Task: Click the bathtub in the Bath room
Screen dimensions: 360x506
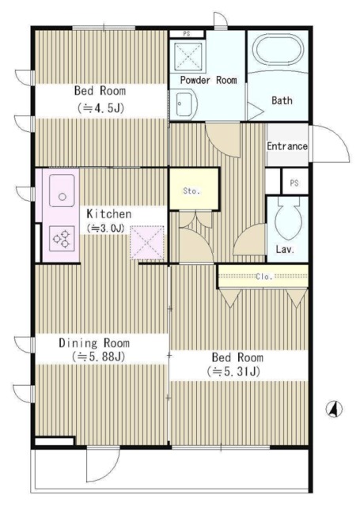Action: pyautogui.click(x=280, y=50)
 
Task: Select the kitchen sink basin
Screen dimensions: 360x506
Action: pyautogui.click(x=62, y=191)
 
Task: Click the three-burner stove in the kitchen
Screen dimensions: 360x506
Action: pyautogui.click(x=62, y=239)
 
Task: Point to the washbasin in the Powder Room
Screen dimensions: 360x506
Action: pyautogui.click(x=187, y=104)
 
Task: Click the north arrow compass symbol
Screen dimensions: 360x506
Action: pyautogui.click(x=334, y=410)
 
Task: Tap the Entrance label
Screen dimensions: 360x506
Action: pyautogui.click(x=286, y=146)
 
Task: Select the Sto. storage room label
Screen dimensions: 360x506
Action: pyautogui.click(x=191, y=191)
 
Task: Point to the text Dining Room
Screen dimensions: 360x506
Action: pyautogui.click(x=94, y=342)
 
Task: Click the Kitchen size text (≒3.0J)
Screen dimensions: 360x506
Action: pyautogui.click(x=105, y=228)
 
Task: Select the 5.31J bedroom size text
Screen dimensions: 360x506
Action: pyautogui.click(x=233, y=372)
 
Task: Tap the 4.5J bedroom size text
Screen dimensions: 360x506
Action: pyautogui.click(x=100, y=108)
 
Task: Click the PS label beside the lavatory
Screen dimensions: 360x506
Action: pyautogui.click(x=294, y=183)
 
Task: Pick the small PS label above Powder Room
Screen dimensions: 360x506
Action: pyautogui.click(x=186, y=33)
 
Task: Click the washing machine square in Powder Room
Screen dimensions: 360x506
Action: pyautogui.click(x=188, y=56)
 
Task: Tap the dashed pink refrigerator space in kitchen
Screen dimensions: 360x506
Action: pyautogui.click(x=147, y=243)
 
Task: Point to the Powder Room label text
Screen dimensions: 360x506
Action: pyautogui.click(x=208, y=80)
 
